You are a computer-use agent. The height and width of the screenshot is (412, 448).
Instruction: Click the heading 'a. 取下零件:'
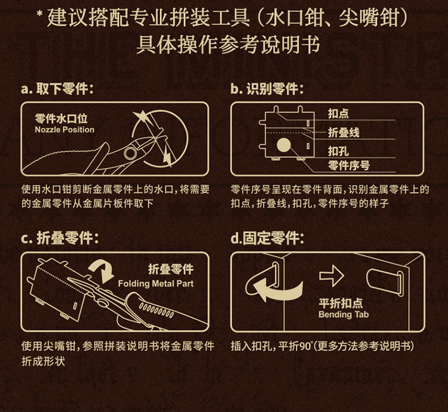[57, 88]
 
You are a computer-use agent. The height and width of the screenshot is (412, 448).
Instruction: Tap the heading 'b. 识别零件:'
[267, 88]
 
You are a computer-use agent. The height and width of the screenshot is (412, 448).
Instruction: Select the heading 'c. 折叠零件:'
[60, 239]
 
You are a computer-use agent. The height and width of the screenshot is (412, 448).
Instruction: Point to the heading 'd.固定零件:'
[267, 239]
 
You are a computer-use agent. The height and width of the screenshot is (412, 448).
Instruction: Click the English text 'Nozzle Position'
[65, 130]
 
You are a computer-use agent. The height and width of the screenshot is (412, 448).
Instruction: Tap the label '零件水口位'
[61, 118]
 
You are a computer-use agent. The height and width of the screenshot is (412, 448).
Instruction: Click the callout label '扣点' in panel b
[338, 114]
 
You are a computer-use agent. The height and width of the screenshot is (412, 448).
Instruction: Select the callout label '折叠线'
[343, 133]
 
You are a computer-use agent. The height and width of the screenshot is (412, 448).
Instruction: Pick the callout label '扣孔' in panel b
[338, 151]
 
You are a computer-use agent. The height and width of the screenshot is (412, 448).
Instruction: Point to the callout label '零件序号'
[349, 166]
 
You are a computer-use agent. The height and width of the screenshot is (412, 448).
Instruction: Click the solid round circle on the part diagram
[284, 145]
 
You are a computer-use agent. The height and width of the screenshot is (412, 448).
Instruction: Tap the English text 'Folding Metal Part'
[156, 283]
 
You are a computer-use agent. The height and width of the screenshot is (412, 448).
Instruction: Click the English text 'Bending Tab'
[343, 315]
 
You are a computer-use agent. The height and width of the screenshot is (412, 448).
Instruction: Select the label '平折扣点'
[340, 303]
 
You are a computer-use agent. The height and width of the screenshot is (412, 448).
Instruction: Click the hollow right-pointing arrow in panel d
[332, 276]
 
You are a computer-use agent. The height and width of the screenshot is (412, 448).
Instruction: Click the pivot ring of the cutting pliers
[130, 153]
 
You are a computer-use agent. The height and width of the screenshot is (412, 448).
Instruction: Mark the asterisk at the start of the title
[40, 15]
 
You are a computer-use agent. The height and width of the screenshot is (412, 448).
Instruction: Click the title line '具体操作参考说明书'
[228, 45]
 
